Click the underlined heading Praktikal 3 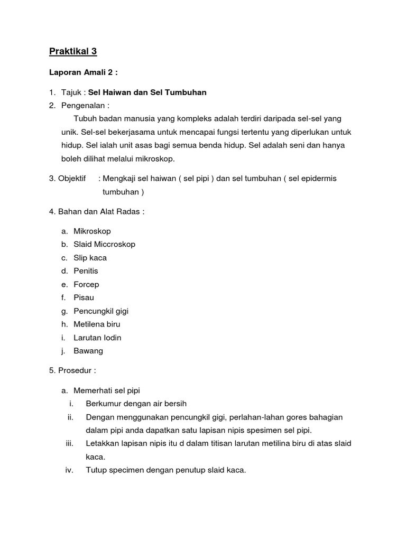pyautogui.click(x=73, y=51)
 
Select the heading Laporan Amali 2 pyautogui.click(x=84, y=72)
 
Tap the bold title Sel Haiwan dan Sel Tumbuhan pyautogui.click(x=147, y=92)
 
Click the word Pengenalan pyautogui.click(x=84, y=105)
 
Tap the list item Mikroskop pyautogui.click(x=92, y=231)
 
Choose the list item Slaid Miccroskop pyautogui.click(x=104, y=244)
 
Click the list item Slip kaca pyautogui.click(x=90, y=258)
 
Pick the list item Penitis pyautogui.click(x=86, y=271)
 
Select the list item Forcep pyautogui.click(x=86, y=284)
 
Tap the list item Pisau pyautogui.click(x=84, y=297)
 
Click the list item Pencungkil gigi pyautogui.click(x=101, y=311)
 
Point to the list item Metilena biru pyautogui.click(x=97, y=324)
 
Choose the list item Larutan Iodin pyautogui.click(x=97, y=338)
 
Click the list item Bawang pyautogui.click(x=88, y=351)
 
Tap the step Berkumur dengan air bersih pyautogui.click(x=136, y=404)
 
